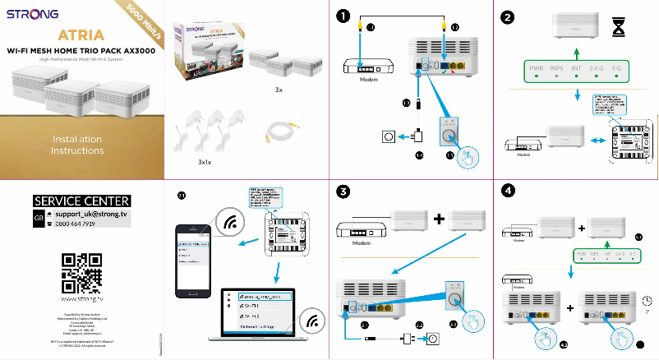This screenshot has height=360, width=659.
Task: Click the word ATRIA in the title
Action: (81, 35)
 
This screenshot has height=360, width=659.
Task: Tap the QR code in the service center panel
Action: (81, 272)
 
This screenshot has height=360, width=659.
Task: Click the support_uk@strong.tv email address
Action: (91, 214)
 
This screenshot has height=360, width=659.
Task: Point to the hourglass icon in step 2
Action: (619, 28)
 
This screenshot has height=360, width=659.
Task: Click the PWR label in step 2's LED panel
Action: (537, 67)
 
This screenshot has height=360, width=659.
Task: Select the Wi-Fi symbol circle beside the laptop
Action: (312, 321)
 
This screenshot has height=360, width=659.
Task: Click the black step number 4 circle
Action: (509, 192)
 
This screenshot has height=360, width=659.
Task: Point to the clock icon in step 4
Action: (647, 300)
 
